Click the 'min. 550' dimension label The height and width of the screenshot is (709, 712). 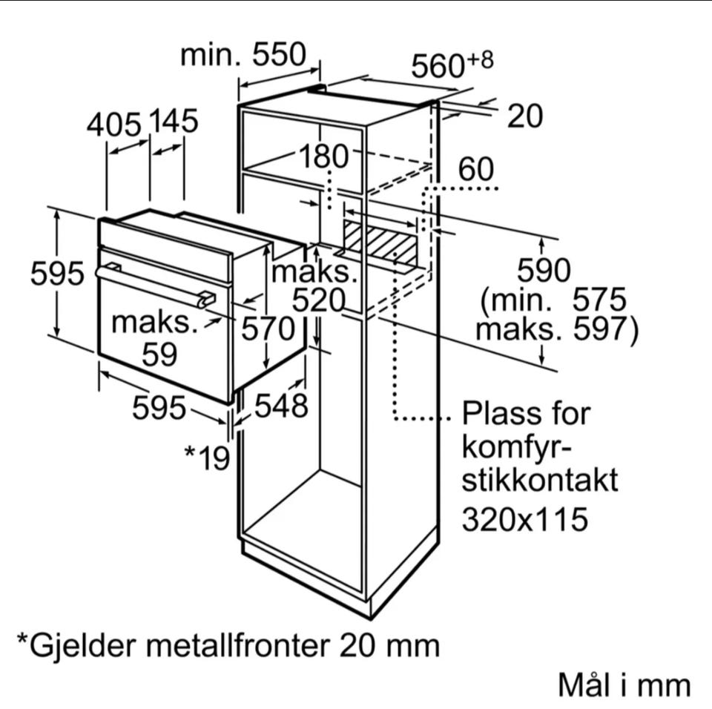243,54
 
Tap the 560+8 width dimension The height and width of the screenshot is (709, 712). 452,65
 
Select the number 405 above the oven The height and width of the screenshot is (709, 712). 113,125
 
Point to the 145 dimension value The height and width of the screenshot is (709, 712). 174,121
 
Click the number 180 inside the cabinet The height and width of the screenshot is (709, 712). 323,156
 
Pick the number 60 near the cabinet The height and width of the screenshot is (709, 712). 475,170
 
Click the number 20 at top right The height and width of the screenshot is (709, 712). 525,116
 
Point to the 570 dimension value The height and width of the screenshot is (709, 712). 268,329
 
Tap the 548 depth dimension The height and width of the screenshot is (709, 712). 281,406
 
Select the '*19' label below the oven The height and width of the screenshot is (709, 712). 207,457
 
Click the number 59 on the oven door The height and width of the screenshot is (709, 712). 159,355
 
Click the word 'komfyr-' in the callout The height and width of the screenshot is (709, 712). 517,447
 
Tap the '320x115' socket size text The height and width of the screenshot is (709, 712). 525,518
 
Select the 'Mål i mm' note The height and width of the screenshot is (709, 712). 624,685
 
